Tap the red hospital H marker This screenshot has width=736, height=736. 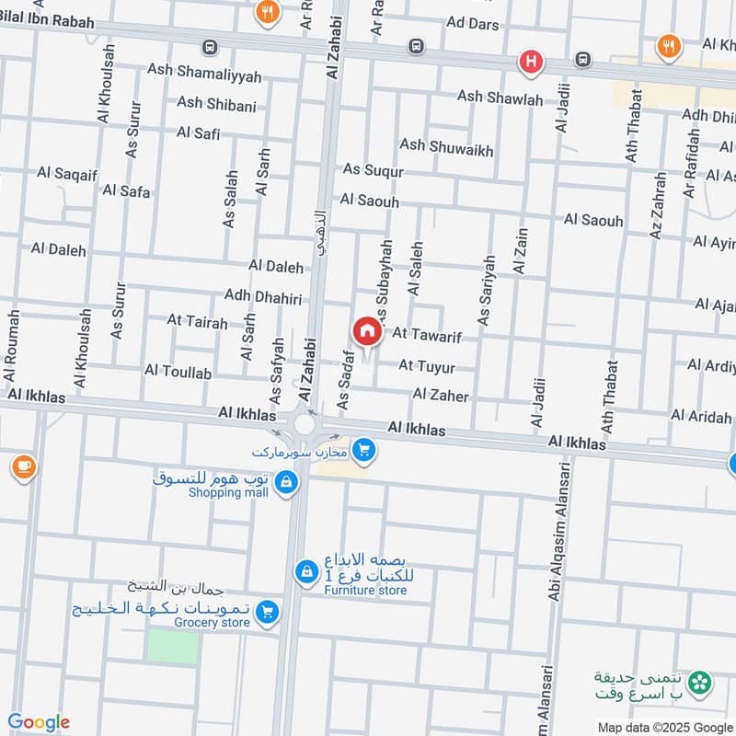tap(531, 63)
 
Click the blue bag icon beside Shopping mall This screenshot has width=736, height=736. tap(286, 482)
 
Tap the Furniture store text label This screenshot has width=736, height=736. tap(365, 590)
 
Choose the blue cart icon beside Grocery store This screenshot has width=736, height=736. tap(267, 611)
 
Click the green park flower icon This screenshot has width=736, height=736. tap(701, 682)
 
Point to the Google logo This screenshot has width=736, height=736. tap(38, 722)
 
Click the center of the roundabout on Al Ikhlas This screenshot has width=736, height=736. tap(304, 425)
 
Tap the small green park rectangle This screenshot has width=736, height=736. tap(173, 647)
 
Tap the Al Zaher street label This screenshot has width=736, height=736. tap(441, 396)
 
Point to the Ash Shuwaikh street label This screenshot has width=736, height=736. tap(446, 146)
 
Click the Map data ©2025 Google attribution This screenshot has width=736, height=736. tap(663, 727)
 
